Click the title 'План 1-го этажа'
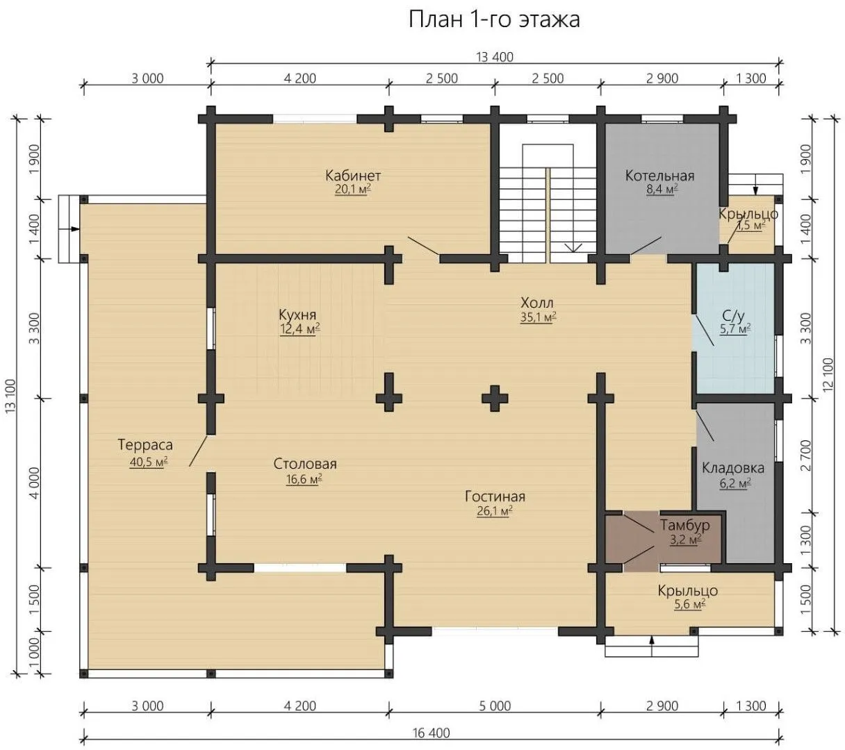pyautogui.click(x=494, y=19)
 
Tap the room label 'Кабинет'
pyautogui.click(x=353, y=176)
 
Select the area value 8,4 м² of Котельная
pyautogui.click(x=662, y=190)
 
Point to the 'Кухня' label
pyautogui.click(x=297, y=314)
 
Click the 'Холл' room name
pyautogui.click(x=537, y=302)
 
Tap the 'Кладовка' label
pyautogui.click(x=733, y=468)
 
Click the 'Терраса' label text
pyautogui.click(x=145, y=445)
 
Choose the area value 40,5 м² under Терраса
pyautogui.click(x=149, y=462)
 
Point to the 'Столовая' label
pyautogui.click(x=305, y=464)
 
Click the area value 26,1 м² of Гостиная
pyautogui.click(x=495, y=510)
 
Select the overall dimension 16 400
pyautogui.click(x=432, y=733)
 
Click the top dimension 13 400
pyautogui.click(x=495, y=57)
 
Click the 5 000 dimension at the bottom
pyautogui.click(x=495, y=706)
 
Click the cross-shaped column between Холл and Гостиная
pyautogui.click(x=495, y=399)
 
